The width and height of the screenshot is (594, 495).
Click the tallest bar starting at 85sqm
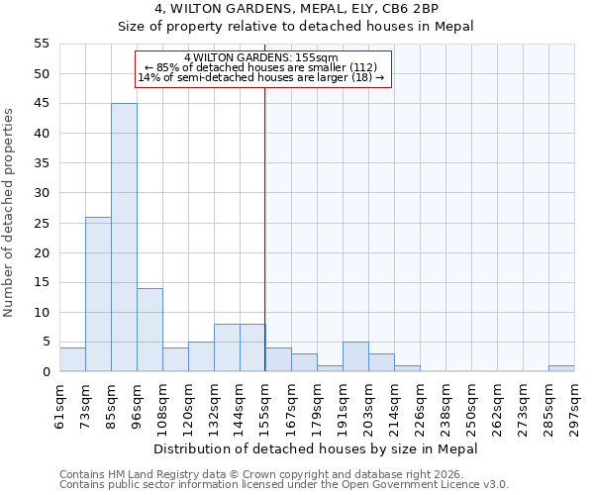pyautogui.click(x=124, y=238)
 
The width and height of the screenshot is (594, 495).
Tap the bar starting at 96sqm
pyautogui.click(x=149, y=330)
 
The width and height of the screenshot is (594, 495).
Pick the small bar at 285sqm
pyautogui.click(x=561, y=368)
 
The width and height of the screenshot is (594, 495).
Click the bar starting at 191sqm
pyautogui.click(x=355, y=356)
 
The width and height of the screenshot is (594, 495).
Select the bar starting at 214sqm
pyautogui.click(x=407, y=368)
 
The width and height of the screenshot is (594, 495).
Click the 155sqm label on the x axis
pyautogui.click(x=265, y=402)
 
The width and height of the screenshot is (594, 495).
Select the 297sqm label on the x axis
pyautogui.click(x=574, y=402)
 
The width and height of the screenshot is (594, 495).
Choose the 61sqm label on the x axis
pyautogui.click(x=60, y=402)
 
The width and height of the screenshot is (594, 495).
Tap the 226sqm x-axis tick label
pyautogui.click(x=420, y=402)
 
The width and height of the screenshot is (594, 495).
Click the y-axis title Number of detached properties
pyautogui.click(x=9, y=213)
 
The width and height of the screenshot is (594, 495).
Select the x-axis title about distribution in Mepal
pyautogui.click(x=316, y=448)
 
